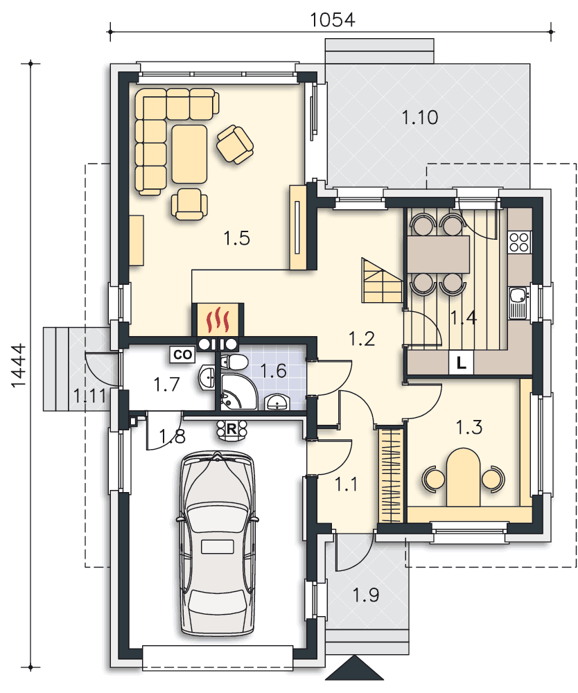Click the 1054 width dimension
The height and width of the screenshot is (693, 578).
[x=332, y=20]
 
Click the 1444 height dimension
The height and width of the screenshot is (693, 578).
[x=19, y=366]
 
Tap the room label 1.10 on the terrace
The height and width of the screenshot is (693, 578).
[x=420, y=118]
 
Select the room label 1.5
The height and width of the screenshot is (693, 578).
[x=237, y=238]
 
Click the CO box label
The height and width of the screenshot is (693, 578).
[x=183, y=354]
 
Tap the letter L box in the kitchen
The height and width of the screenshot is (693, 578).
[x=461, y=363]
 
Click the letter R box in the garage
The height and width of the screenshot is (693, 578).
[x=231, y=428]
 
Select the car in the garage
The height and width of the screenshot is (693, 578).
[x=218, y=544]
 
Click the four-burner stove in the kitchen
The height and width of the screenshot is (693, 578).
[x=519, y=242]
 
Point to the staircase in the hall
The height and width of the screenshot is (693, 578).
[x=382, y=281]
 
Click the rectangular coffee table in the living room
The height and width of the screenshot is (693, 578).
[x=190, y=154]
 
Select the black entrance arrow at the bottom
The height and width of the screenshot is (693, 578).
[x=355, y=667]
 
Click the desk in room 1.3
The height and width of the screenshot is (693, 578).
[x=463, y=477]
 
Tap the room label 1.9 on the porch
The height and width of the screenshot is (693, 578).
[x=366, y=595]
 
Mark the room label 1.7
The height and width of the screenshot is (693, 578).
[x=166, y=385]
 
